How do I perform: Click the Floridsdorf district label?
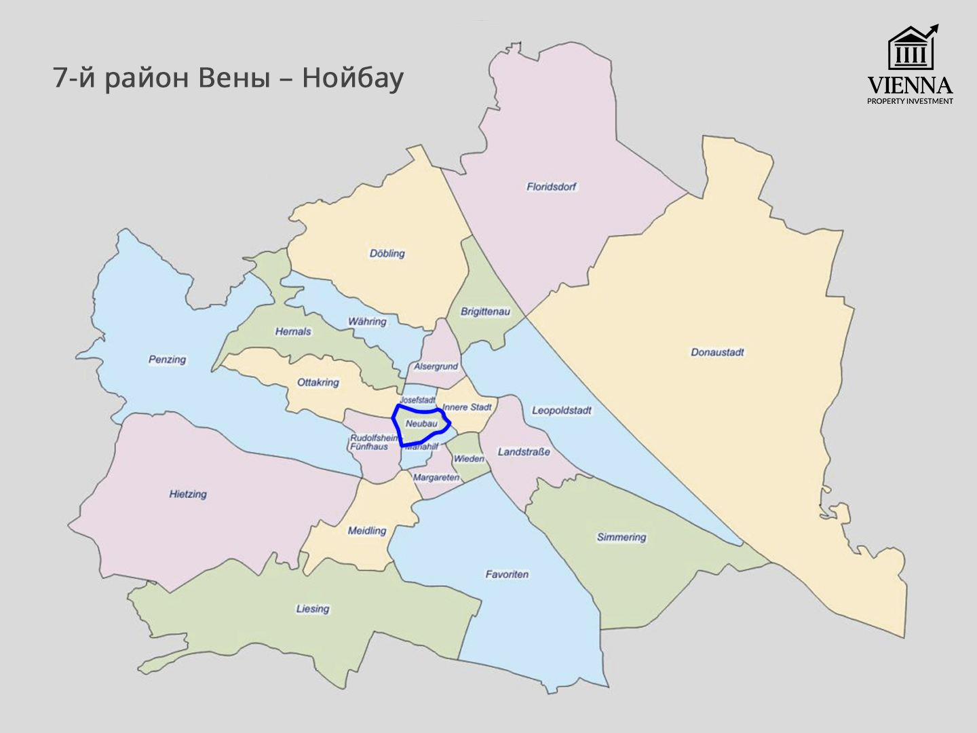point(551,187)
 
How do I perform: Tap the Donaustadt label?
point(717,352)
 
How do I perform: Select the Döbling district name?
point(387,254)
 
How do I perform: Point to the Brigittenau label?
point(485,312)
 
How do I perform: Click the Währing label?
point(367,322)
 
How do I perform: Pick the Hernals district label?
point(293,332)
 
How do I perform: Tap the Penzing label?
point(167,360)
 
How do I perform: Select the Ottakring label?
point(318,383)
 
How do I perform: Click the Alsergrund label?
point(436,366)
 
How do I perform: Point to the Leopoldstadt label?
point(561,411)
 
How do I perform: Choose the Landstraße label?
point(524,452)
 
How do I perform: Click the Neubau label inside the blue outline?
point(421,424)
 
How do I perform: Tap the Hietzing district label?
point(188,494)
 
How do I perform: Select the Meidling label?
point(366,531)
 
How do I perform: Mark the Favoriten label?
point(507,574)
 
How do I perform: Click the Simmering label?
point(621,538)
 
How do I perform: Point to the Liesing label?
point(312,609)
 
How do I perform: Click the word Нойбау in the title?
point(352,78)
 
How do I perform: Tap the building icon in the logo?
point(911,49)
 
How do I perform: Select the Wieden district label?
point(469,459)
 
